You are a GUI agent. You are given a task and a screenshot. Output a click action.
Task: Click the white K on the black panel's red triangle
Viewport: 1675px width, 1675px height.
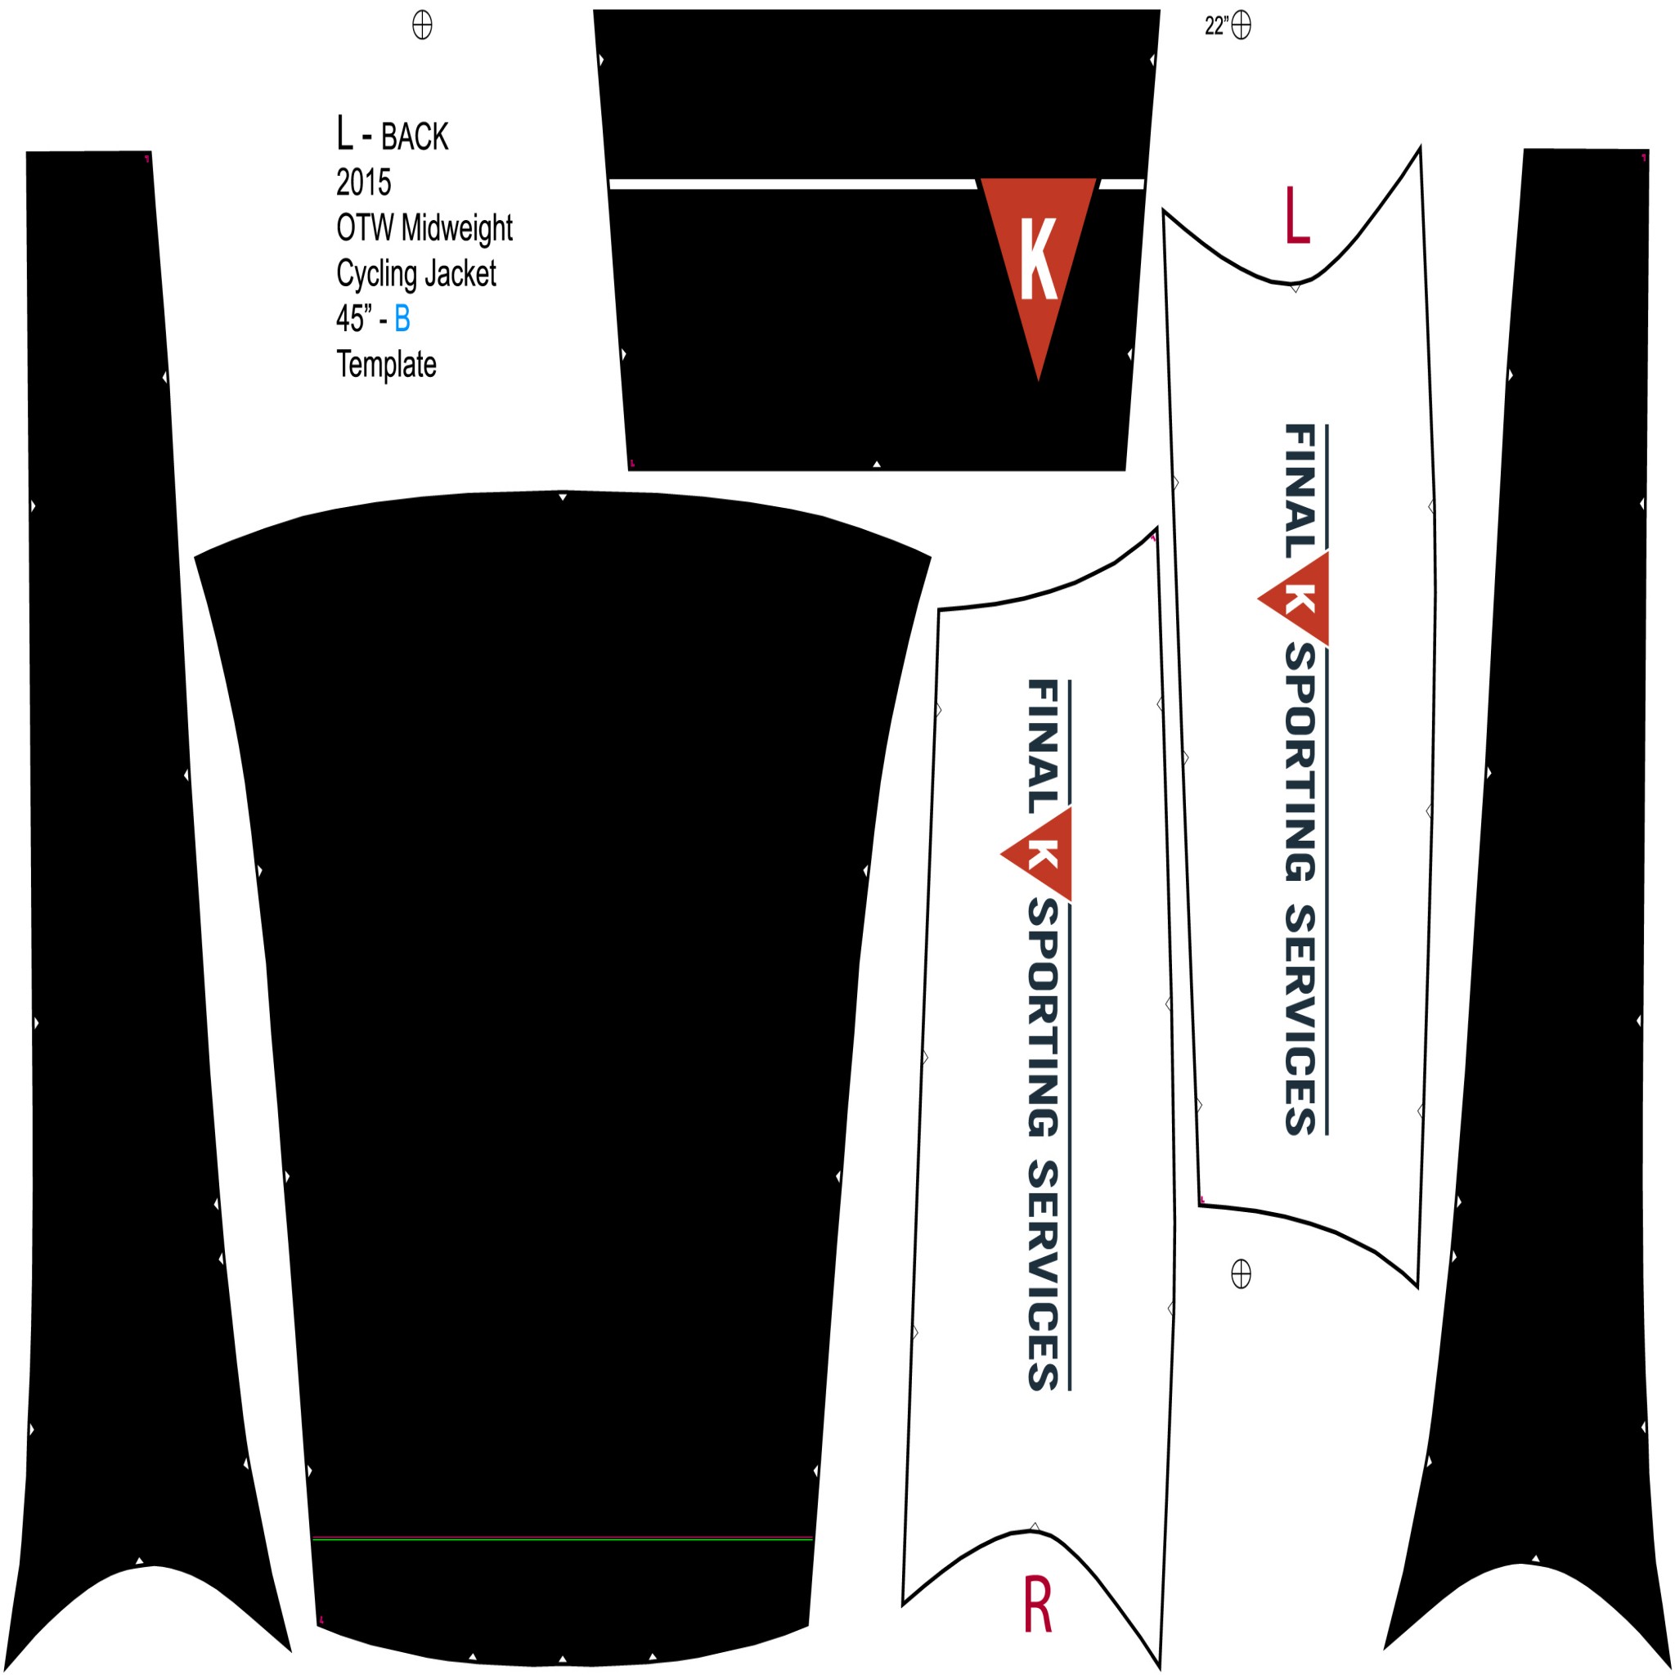click(x=1038, y=258)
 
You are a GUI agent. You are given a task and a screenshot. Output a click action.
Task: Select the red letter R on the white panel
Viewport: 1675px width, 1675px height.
click(x=1038, y=1605)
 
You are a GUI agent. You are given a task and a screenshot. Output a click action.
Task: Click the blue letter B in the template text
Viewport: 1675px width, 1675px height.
click(x=402, y=319)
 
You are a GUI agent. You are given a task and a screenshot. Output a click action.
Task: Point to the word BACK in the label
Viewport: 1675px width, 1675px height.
click(x=415, y=137)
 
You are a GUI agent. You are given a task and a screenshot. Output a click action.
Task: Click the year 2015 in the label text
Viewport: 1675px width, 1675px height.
click(x=363, y=183)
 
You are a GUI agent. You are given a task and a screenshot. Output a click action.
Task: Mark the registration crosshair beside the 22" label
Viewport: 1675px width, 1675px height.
click(x=1242, y=25)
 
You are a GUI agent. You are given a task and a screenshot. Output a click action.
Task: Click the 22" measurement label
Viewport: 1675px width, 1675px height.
click(x=1215, y=26)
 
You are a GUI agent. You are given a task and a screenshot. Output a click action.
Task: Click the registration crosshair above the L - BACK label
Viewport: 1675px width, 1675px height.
click(x=422, y=25)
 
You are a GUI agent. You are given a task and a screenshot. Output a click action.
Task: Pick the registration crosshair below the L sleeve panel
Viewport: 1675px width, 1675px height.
click(x=1242, y=1273)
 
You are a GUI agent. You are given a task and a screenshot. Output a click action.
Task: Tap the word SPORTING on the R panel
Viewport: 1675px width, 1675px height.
click(x=1043, y=1017)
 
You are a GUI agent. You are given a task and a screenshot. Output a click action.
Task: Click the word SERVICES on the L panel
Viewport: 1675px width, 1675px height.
click(x=1300, y=1020)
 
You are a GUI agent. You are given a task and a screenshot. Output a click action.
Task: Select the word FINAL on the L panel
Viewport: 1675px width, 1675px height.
click(x=1300, y=491)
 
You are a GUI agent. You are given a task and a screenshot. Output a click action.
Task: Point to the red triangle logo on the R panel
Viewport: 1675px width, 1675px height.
click(x=1037, y=855)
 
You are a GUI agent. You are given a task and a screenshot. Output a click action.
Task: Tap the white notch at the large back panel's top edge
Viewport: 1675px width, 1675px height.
click(x=563, y=496)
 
